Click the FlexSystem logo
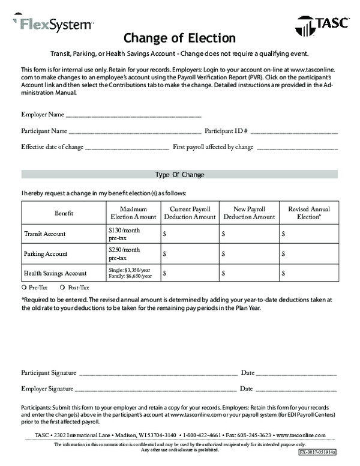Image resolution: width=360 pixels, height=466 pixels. tap(53, 24)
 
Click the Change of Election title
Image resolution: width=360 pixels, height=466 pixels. tap(179, 38)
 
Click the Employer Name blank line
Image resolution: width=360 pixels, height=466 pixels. tap(133, 115)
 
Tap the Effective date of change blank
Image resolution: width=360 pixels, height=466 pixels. tap(127, 147)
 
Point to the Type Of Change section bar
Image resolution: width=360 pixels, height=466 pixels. tap(179, 175)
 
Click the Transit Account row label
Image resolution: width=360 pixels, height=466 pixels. tap(44, 234)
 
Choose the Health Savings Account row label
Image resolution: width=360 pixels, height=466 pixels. tap(55, 273)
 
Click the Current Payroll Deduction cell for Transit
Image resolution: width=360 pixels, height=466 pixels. tap(190, 234)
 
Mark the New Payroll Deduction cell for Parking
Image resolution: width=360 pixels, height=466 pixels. tap(250, 253)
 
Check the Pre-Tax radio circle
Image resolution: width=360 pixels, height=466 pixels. tap(24, 288)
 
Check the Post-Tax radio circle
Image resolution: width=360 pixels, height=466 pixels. tap(62, 288)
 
